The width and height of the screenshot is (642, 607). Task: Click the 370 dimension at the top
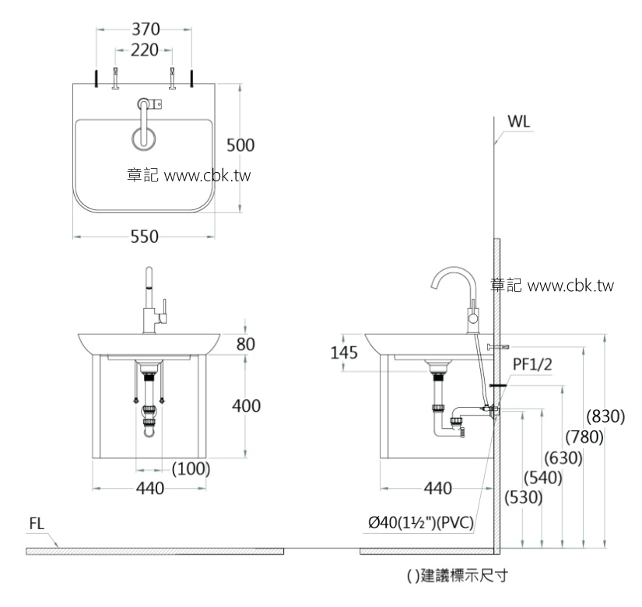[x=145, y=30]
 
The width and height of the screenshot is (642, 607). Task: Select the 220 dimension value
[x=145, y=51]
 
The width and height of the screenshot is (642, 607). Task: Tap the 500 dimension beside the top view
[x=240, y=145]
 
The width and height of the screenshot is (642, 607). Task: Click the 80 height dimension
[x=246, y=343]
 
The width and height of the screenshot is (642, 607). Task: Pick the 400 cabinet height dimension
[x=246, y=405]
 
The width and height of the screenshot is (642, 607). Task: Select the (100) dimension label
[x=191, y=468]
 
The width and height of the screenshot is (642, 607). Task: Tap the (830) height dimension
[x=606, y=416]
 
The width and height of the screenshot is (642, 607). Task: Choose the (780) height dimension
[x=585, y=437]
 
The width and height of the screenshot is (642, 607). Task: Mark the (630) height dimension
[x=564, y=458]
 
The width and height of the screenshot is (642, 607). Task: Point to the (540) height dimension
[x=543, y=479]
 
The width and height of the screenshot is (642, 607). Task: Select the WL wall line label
[x=519, y=123]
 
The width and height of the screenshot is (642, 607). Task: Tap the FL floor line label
[x=37, y=524]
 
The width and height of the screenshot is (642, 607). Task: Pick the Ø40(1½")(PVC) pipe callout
[x=420, y=523]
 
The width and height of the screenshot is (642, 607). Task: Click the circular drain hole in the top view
[x=143, y=138]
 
